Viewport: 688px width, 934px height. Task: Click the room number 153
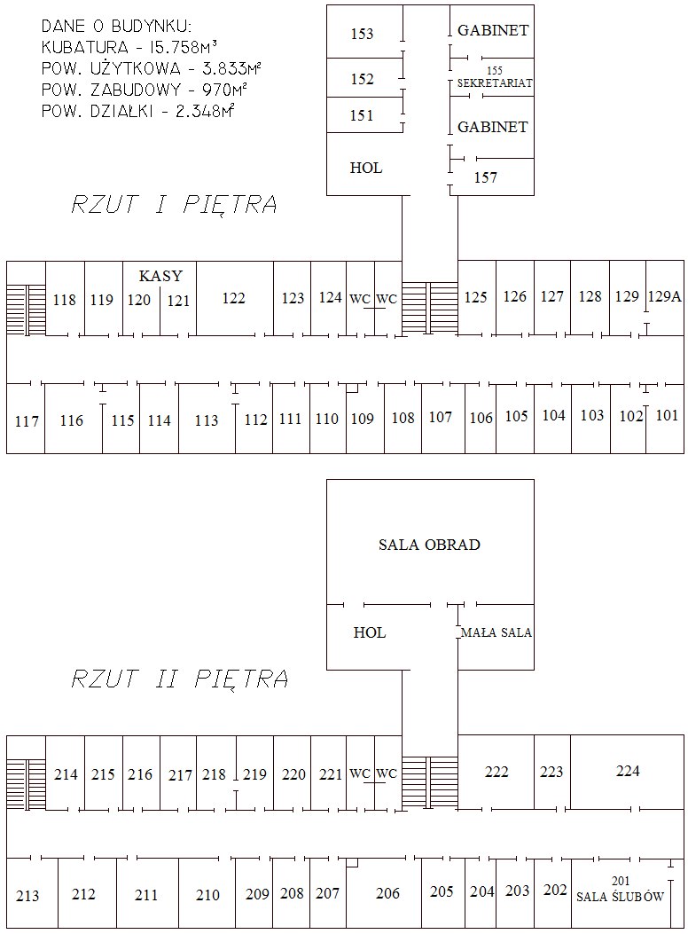[x=362, y=34]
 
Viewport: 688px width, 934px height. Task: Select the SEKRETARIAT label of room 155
[x=495, y=82]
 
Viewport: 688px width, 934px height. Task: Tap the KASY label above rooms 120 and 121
[x=160, y=276]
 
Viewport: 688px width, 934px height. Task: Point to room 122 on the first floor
[x=233, y=298]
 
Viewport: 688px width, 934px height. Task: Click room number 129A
[x=664, y=296]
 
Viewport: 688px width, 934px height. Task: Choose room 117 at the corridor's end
[x=27, y=421]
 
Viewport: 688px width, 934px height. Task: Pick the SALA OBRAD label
[x=429, y=545]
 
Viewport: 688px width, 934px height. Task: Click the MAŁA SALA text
[x=496, y=632]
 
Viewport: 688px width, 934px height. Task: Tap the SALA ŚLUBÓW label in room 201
[x=620, y=897]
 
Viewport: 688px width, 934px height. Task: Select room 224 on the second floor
[x=628, y=771]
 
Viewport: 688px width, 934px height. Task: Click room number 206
[x=387, y=893]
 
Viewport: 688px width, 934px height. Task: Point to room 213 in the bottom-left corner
[x=27, y=895]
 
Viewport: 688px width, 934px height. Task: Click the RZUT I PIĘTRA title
[x=175, y=204]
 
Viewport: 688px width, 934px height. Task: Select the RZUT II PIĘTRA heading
[x=180, y=679]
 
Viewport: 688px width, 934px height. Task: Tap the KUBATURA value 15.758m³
[x=180, y=47]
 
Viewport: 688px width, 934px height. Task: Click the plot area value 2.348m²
[x=205, y=111]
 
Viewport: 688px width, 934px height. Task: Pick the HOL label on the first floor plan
[x=365, y=168]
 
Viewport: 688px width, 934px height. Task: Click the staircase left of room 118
[x=27, y=310]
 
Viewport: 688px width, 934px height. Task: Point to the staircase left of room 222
[x=430, y=782]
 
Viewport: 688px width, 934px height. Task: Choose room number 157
[x=485, y=177]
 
